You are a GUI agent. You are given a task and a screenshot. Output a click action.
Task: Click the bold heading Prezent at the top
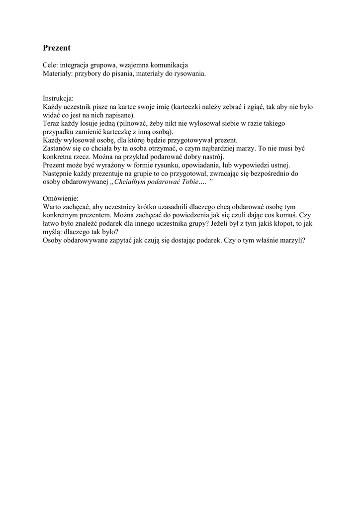click(57, 48)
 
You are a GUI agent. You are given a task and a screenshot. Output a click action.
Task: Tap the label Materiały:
click(59, 74)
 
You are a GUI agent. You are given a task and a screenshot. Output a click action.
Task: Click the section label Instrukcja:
click(58, 99)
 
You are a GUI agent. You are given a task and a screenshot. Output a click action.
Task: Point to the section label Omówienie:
click(60, 198)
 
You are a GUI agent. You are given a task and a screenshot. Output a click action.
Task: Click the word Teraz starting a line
click(52, 124)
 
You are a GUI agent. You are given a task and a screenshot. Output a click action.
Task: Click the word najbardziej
click(218, 149)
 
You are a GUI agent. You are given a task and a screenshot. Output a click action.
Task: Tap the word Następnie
click(59, 173)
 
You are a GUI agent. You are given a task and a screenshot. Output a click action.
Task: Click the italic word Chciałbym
click(130, 182)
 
